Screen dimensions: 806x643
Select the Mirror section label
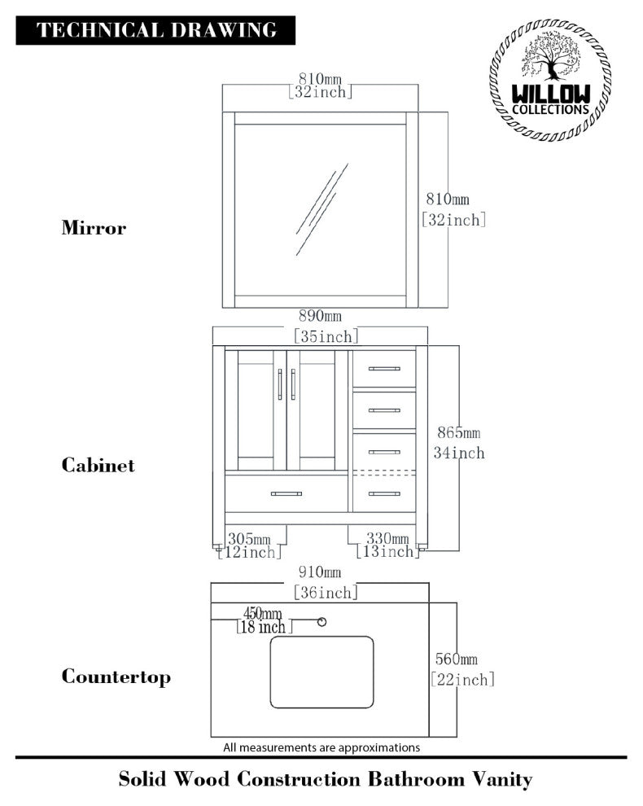click(x=94, y=228)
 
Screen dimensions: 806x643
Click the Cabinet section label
click(x=98, y=466)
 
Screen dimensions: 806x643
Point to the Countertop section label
click(x=116, y=677)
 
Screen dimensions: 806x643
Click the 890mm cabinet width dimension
click(x=320, y=316)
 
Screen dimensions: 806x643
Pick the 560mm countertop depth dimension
click(x=455, y=659)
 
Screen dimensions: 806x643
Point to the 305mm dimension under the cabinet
click(x=249, y=538)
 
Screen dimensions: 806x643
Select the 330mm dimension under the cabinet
click(x=387, y=538)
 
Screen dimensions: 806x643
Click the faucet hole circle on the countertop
click(x=321, y=622)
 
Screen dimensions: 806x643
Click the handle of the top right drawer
click(x=384, y=369)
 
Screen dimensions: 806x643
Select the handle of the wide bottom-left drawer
click(x=286, y=493)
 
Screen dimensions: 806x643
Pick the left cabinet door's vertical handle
click(x=280, y=385)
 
